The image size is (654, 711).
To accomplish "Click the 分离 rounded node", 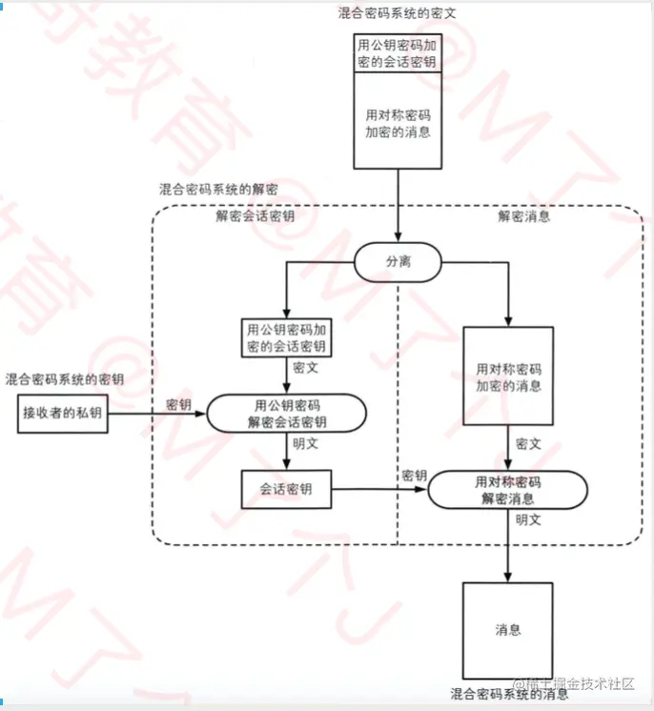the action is (x=398, y=262).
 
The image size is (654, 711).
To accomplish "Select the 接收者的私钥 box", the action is (x=63, y=413).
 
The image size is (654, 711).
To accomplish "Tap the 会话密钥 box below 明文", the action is (x=286, y=489).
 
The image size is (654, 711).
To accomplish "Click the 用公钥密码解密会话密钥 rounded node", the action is (x=287, y=413).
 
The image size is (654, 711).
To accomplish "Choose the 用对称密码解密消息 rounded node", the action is (x=508, y=490).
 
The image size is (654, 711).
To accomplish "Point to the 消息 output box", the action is (x=508, y=630).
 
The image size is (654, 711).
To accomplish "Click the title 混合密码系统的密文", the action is (x=397, y=13).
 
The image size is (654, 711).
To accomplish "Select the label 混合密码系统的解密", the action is (x=218, y=189).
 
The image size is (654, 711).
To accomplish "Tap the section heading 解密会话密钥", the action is (x=255, y=215).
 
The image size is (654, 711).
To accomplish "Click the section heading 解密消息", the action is (x=523, y=215).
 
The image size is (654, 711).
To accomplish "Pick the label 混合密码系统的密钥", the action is (x=65, y=379).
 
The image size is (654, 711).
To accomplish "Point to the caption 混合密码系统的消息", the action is (x=509, y=694).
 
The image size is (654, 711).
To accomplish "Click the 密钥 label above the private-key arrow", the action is (x=178, y=404).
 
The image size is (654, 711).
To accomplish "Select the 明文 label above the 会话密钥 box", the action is (x=305, y=443).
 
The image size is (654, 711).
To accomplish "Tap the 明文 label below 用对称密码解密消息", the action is (x=528, y=519).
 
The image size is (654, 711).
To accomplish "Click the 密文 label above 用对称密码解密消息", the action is (x=528, y=443).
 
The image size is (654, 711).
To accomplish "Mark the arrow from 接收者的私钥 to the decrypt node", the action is (x=157, y=414).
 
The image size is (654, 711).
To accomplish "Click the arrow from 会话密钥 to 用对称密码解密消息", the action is (x=380, y=489).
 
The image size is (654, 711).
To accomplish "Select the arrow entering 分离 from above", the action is (x=398, y=206).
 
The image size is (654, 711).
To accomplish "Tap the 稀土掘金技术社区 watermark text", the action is (x=574, y=683).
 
